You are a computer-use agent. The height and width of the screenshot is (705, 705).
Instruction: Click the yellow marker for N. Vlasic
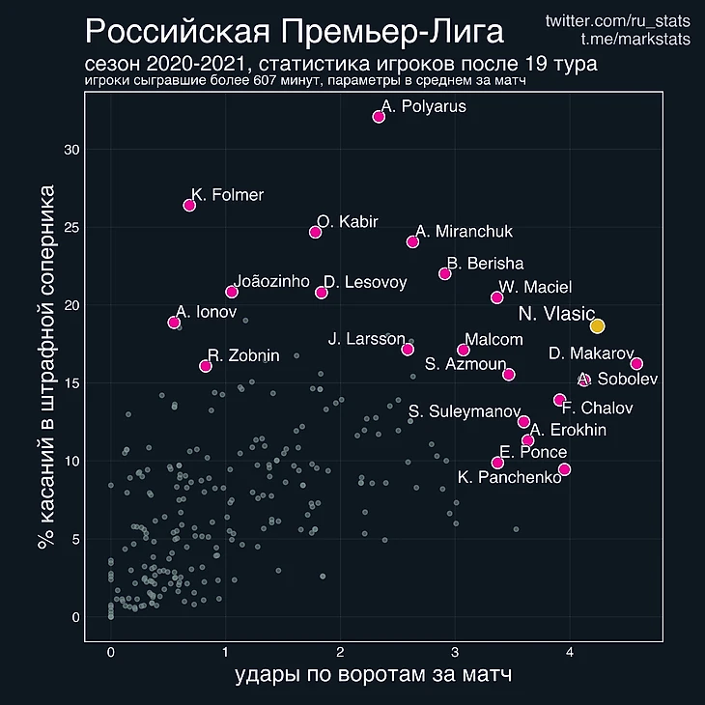click(598, 326)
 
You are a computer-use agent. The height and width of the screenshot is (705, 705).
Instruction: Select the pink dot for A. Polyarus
click(379, 117)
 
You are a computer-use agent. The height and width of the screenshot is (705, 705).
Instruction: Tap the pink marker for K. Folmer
click(189, 206)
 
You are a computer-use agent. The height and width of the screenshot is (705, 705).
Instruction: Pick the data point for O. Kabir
click(315, 232)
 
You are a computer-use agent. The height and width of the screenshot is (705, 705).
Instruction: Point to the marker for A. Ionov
click(174, 323)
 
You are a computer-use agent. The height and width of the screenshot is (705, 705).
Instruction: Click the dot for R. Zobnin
click(205, 366)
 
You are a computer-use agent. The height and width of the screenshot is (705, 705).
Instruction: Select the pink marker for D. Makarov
click(636, 364)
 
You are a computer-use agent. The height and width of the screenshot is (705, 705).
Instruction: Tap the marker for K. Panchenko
click(565, 469)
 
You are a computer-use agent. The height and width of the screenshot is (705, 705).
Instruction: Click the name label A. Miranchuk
click(464, 232)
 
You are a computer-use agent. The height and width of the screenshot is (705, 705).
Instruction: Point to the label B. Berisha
click(485, 263)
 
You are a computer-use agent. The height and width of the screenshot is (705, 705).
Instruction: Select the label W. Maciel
click(535, 287)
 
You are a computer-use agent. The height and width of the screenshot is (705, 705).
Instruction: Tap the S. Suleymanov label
click(465, 412)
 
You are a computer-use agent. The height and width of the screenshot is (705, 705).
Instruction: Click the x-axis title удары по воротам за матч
click(373, 677)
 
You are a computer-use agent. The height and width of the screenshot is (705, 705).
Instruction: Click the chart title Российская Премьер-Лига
click(295, 33)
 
